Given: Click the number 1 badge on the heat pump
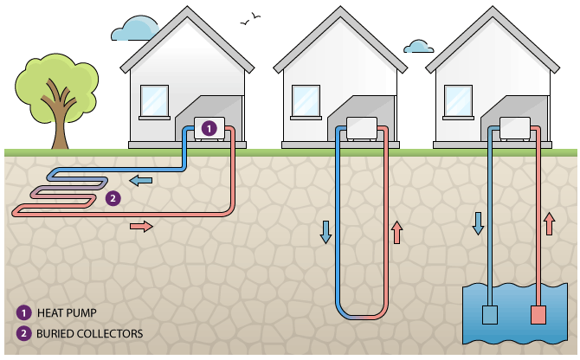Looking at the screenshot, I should pos(208,127).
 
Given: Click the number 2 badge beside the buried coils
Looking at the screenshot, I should pos(112,198).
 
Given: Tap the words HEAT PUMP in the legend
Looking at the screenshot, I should pos(68,312).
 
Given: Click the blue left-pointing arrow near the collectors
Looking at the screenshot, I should pos(140,180).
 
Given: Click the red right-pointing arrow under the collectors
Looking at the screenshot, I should pos(141,227).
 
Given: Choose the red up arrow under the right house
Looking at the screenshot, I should pos(548,223).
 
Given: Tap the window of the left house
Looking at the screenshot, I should pos(154,100).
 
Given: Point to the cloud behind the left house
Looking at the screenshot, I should pos(133,29).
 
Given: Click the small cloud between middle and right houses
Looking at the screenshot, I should pos(419,46).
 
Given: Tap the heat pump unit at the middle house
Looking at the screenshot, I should pos(362,128).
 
